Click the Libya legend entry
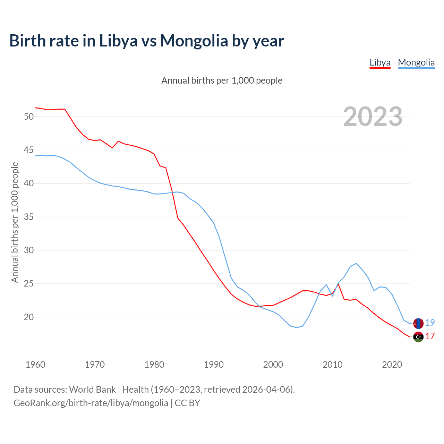(380, 62)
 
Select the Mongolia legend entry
(416, 62)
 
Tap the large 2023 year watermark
(373, 117)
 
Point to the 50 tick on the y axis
(29, 117)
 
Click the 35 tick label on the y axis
(29, 217)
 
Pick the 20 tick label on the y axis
(29, 317)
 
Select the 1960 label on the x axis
(35, 365)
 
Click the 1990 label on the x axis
(214, 365)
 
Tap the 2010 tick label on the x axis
(332, 365)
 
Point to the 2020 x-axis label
(392, 365)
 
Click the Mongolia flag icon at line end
(418, 323)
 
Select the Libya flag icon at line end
(418, 336)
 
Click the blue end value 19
(430, 323)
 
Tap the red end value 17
(430, 336)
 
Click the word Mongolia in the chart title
(194, 41)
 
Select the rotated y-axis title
(15, 222)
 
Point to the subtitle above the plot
(222, 80)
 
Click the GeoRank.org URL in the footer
(91, 403)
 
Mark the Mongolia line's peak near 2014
(356, 263)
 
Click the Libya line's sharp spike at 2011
(338, 284)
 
